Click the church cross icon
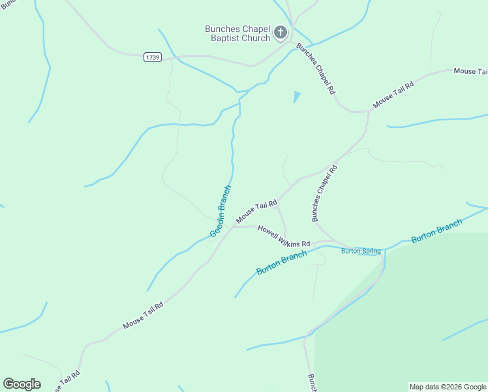[x=281, y=32]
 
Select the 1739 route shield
[x=153, y=57]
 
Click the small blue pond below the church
[x=297, y=97]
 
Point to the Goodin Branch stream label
[x=221, y=212]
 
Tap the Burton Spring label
[x=361, y=251]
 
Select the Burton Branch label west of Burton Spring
[x=282, y=262]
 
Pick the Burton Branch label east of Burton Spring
[x=436, y=231]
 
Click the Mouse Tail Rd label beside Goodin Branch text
[x=256, y=210]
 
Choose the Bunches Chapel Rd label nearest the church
[x=315, y=69]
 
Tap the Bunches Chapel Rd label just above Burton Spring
[x=324, y=193]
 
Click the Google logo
[x=22, y=384]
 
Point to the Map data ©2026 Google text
[x=448, y=387]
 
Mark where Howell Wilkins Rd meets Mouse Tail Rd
[x=236, y=227]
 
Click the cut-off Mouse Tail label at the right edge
[x=470, y=71]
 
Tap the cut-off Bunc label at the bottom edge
[x=312, y=382]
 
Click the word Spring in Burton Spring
[x=370, y=251]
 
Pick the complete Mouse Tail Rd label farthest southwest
[x=143, y=315]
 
